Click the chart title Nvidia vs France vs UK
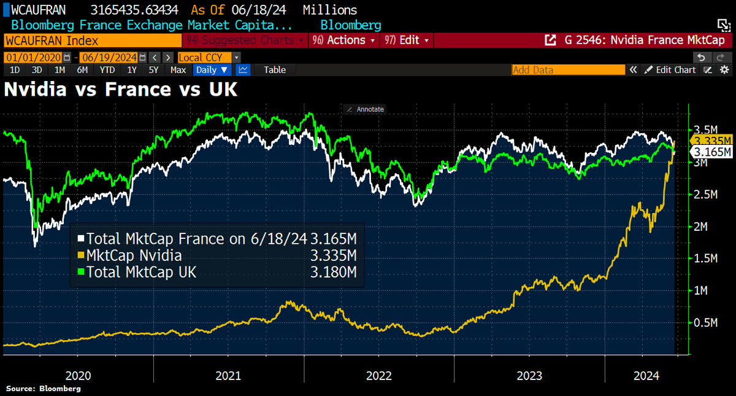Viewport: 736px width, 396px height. tap(121, 90)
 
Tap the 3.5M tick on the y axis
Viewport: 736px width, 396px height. tap(705, 130)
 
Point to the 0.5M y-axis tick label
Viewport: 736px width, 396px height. tap(705, 322)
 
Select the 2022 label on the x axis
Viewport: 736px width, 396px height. tap(380, 375)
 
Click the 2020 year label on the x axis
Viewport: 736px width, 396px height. tap(79, 375)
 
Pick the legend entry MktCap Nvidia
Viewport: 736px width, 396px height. tap(134, 255)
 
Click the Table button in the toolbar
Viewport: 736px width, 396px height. tap(274, 70)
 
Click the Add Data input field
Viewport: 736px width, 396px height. tap(567, 70)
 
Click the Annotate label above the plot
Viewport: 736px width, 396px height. tap(366, 109)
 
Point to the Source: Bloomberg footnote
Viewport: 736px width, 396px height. tap(44, 389)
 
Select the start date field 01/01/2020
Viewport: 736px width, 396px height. tap(34, 57)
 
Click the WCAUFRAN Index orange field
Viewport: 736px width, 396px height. tap(92, 41)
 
